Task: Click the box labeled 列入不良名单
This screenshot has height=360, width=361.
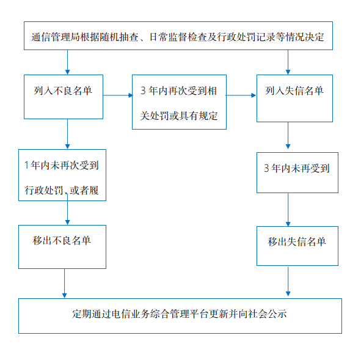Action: pyautogui.click(x=64, y=97)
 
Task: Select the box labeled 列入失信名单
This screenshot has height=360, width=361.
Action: pyautogui.click(x=294, y=98)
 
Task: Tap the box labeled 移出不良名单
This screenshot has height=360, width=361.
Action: pyautogui.click(x=62, y=247)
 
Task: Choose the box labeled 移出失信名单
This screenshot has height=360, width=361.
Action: pyautogui.click(x=297, y=246)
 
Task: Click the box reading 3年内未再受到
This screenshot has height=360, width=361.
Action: pyautogui.click(x=297, y=172)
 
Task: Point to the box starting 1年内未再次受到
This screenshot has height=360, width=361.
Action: pyautogui.click(x=62, y=175)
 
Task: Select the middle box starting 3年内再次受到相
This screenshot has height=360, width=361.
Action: pyautogui.click(x=179, y=102)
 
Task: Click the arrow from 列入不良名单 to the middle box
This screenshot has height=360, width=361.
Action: pyautogui.click(x=118, y=95)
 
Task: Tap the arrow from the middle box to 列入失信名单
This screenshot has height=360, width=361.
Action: pyautogui.click(x=241, y=95)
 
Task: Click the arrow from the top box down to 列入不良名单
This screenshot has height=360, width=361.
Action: pyautogui.click(x=67, y=62)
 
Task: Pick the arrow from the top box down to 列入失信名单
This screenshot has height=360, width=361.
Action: pyautogui.click(x=288, y=62)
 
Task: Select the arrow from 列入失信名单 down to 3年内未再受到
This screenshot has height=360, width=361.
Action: pyautogui.click(x=288, y=136)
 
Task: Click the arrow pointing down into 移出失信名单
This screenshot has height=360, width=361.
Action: pyautogui.click(x=288, y=210)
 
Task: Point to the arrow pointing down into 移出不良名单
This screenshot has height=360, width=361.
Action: pyautogui.click(x=67, y=210)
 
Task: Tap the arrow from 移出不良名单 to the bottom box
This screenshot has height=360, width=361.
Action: pyautogui.click(x=65, y=284)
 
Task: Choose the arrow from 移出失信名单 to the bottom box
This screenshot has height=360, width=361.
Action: pyautogui.click(x=288, y=281)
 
